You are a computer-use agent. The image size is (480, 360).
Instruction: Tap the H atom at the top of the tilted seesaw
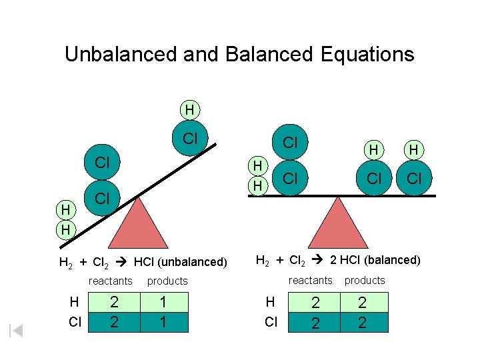pyautogui.click(x=190, y=109)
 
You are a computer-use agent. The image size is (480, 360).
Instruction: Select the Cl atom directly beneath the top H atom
pyautogui.click(x=190, y=139)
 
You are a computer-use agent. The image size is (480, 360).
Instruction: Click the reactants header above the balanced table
pyautogui.click(x=310, y=281)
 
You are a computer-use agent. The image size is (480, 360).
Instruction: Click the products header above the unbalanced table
pyautogui.click(x=167, y=281)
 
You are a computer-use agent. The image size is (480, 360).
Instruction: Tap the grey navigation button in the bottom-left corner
pyautogui.click(x=17, y=331)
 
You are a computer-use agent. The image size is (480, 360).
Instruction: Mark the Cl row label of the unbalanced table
pyautogui.click(x=75, y=323)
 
